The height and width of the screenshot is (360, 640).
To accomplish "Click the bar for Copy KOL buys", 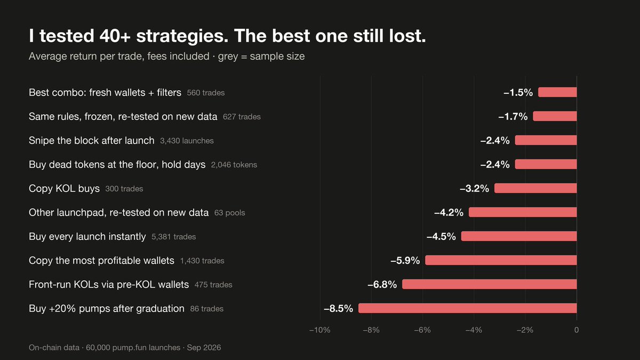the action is (535, 188).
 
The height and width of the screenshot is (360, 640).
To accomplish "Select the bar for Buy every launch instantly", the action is (519, 236).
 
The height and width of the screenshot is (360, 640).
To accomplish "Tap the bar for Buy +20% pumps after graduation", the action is (467, 308).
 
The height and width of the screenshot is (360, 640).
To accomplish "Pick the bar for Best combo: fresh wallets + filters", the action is (557, 92).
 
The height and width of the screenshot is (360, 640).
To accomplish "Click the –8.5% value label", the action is (338, 309).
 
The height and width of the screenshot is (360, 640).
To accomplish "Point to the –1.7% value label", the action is (513, 117).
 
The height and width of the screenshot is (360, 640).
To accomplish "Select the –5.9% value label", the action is (405, 261).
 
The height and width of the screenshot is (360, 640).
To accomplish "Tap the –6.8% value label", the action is (382, 285).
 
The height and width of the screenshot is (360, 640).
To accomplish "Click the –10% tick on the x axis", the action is (319, 330).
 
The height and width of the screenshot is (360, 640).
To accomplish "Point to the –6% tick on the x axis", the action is (422, 330).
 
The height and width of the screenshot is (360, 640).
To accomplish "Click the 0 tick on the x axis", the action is (577, 330).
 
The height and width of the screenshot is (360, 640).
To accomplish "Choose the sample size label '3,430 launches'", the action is (187, 141).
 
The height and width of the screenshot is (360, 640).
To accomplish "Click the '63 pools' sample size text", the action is (230, 213).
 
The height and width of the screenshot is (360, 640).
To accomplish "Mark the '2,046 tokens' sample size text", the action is (234, 165).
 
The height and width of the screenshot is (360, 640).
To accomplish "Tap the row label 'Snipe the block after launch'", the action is (91, 141).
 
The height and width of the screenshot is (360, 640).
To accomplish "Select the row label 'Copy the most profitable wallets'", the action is (101, 261).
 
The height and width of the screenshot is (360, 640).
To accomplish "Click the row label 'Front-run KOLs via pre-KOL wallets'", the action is (109, 285).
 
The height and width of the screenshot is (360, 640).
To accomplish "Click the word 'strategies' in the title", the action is (182, 36).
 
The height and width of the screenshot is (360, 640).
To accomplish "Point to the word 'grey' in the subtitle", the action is (228, 57).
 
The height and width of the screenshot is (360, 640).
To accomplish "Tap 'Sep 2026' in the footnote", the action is (204, 348).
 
